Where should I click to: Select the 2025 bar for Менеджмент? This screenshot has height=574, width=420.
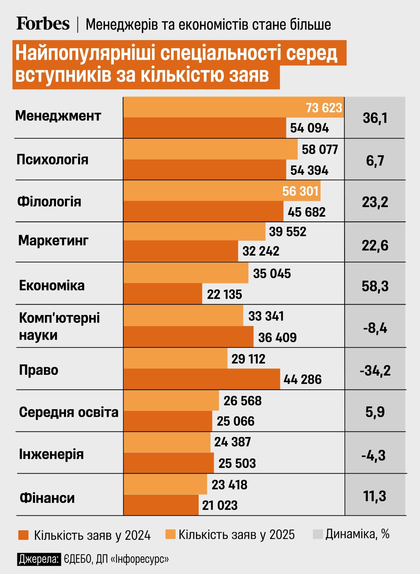coord(213,107)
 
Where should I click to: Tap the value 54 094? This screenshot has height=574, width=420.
coord(309,128)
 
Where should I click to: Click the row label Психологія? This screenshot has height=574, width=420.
coord(52,160)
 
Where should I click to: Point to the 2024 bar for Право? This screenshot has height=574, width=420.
coord(201,379)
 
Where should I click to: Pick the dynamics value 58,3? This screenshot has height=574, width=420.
coord(375,286)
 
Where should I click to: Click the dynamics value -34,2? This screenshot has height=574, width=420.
coord(375,371)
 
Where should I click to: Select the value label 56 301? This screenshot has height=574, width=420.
coord(300,191)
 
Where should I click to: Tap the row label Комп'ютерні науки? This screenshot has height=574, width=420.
coord(59,327)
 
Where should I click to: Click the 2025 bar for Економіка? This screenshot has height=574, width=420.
coord(186,273)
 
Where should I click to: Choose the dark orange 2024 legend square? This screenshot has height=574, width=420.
coord(23,535)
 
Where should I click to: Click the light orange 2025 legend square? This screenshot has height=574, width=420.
coord(170,534)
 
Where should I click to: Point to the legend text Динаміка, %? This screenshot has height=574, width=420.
coord(357,534)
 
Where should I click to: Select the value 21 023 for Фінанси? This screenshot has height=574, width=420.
coord(220,505)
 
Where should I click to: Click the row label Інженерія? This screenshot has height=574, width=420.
coord(51,454)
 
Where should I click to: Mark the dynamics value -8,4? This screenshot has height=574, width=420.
coord(375,328)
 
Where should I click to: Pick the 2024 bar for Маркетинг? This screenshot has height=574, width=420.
coord(180,251)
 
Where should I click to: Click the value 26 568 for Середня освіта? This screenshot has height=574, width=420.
coord(242,401)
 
